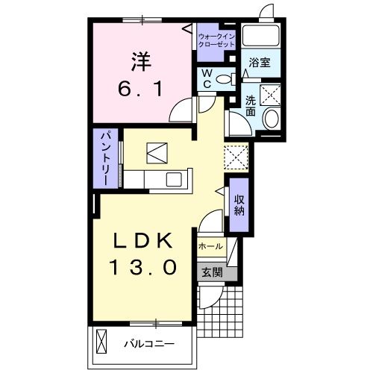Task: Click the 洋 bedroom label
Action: tap(141, 61)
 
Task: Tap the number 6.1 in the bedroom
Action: tap(140, 89)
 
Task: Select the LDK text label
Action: tap(143, 241)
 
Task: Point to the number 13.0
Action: tap(143, 266)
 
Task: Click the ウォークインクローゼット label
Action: tap(216, 40)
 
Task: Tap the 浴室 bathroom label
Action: tap(260, 63)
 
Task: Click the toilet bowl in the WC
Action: tap(226, 79)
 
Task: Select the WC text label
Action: tap(207, 79)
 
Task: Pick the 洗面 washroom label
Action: tap(251, 106)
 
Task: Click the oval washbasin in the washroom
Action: tap(272, 118)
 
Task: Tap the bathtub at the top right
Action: tap(261, 35)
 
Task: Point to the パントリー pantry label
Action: tap(105, 158)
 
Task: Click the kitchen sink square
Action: tap(174, 180)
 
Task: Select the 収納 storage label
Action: tap(239, 205)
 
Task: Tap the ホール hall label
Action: tap(210, 247)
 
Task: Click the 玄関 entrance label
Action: tap(212, 273)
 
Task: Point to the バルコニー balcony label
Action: tap(149, 344)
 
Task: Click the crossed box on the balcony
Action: tap(101, 341)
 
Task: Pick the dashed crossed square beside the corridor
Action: tap(236, 157)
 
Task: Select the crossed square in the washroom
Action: tap(270, 95)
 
